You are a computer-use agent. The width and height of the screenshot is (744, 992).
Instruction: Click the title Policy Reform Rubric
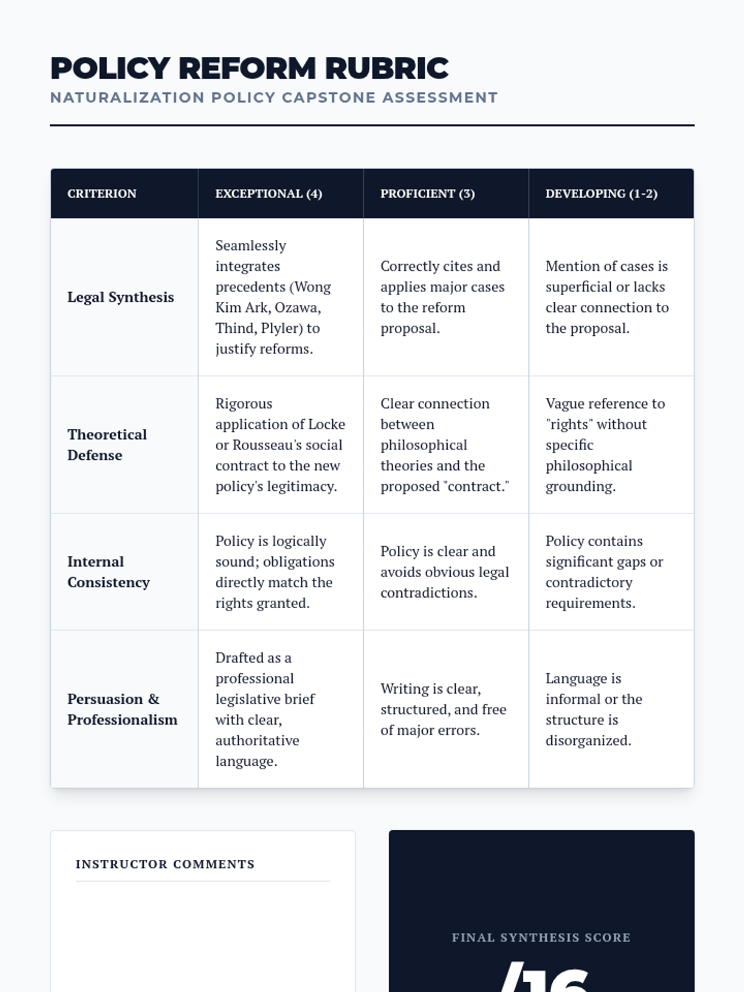coord(249,68)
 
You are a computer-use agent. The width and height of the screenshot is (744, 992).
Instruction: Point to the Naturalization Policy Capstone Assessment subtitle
coord(273,98)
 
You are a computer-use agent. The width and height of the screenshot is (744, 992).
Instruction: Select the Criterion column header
coord(102,193)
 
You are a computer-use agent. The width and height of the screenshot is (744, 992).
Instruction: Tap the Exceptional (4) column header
coord(268,193)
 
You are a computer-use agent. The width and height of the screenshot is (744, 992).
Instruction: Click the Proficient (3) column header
coord(427,193)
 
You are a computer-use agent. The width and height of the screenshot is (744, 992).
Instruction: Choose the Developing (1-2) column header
coord(601,193)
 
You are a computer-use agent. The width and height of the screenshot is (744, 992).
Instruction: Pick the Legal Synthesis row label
coord(120,297)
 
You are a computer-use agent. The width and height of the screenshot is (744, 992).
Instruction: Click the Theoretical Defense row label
coord(107,445)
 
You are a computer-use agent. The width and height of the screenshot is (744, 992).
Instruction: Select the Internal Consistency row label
coord(108,572)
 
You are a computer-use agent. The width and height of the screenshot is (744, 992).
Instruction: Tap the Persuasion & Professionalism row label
coord(122,709)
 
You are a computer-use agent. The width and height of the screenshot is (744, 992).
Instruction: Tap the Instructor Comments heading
coord(165,864)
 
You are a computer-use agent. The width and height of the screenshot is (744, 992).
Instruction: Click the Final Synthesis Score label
coord(541,937)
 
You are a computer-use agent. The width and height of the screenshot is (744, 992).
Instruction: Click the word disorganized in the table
coord(588,740)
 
